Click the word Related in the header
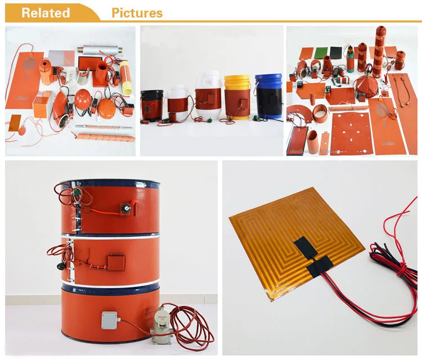(46, 12)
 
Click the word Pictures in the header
(137, 12)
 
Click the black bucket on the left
(152, 104)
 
